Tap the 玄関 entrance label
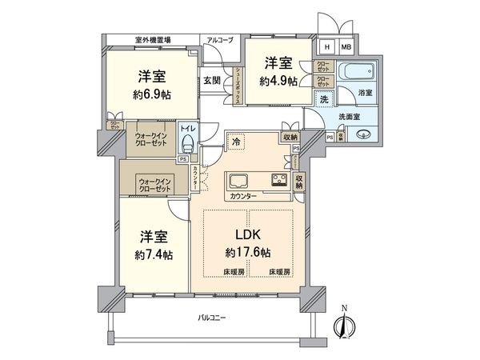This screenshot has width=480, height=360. coord(211,80)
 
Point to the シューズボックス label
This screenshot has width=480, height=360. coord(238,84)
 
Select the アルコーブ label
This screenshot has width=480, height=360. coord(219,39)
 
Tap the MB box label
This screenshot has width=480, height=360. coord(346,47)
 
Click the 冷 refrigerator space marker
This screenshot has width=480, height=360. coord(237,142)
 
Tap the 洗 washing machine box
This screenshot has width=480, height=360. coord(324,99)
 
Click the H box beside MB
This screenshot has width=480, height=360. coord(326,47)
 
